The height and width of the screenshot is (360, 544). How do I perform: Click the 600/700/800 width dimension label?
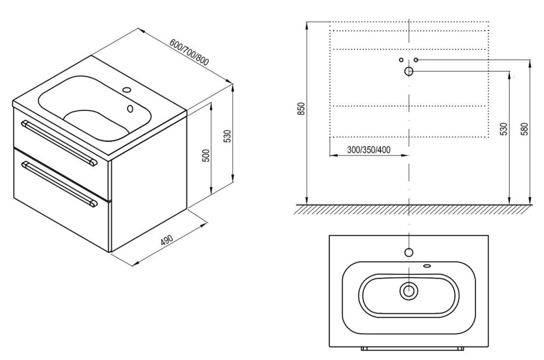pyautogui.click(x=189, y=52)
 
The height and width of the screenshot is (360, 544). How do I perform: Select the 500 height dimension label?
pyautogui.click(x=206, y=156)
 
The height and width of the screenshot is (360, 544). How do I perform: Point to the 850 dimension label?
pyautogui.click(x=301, y=109)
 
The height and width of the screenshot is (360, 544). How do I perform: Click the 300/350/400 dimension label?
pyautogui.click(x=369, y=150)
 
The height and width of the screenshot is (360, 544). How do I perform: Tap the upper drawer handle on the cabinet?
pyautogui.click(x=59, y=142)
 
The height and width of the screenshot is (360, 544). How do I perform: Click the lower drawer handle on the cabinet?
pyautogui.click(x=59, y=184)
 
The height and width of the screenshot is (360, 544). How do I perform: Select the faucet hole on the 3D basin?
pyautogui.click(x=127, y=91)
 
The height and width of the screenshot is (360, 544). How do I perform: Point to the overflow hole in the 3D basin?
pyautogui.click(x=130, y=108)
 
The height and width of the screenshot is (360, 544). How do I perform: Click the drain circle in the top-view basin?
pyautogui.click(x=409, y=290)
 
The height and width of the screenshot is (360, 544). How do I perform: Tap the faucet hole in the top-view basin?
pyautogui.click(x=409, y=252)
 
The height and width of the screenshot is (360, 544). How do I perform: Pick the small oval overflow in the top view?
pyautogui.click(x=427, y=266)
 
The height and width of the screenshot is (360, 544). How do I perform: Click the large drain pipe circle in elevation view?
pyautogui.click(x=409, y=72)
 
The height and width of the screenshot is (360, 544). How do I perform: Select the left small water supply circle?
pyautogui.click(x=401, y=59)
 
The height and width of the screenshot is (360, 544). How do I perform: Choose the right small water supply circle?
pyautogui.click(x=416, y=59)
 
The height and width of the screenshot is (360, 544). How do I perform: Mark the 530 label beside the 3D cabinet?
pyautogui.click(x=227, y=136)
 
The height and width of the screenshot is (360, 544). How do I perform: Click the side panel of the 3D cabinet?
pyautogui.click(x=149, y=181)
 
